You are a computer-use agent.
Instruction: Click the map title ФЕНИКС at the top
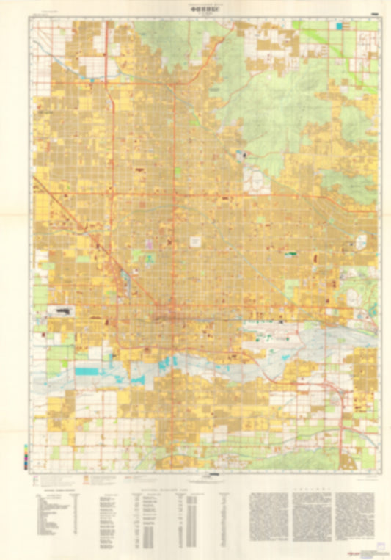pyautogui.click(x=196, y=10)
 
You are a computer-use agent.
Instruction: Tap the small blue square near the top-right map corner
pyautogui.click(x=339, y=26)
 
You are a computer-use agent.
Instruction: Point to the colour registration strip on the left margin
pyautogui.click(x=26, y=456)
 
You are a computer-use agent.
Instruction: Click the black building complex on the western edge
pyautogui.click(x=63, y=311)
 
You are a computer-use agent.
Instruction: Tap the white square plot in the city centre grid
pyautogui.click(x=197, y=241)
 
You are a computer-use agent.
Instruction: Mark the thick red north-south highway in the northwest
pyautogui.click(x=107, y=59)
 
